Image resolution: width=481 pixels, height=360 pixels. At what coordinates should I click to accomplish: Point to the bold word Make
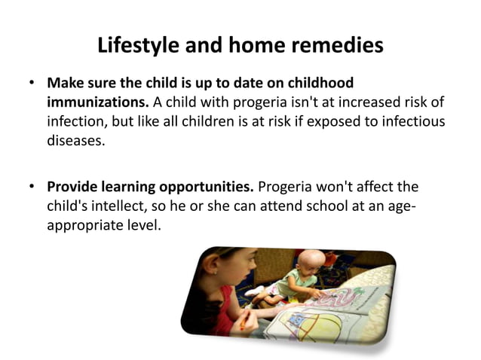pos(66,82)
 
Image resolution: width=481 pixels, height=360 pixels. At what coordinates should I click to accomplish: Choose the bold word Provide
pos(75,185)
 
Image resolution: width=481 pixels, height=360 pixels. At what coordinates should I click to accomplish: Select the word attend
pos(259,205)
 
